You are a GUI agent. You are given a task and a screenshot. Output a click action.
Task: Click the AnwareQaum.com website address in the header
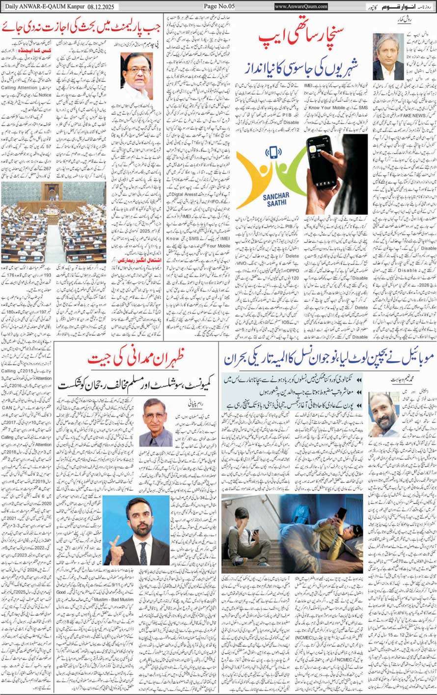coord(301,6)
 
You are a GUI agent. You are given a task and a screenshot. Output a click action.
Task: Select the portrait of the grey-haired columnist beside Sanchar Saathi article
coord(387,56)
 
